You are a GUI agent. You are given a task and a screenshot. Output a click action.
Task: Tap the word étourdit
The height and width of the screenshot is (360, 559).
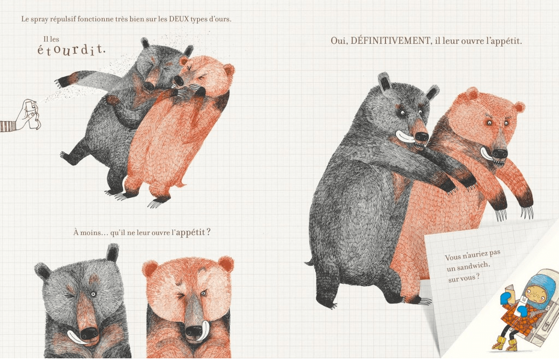71,50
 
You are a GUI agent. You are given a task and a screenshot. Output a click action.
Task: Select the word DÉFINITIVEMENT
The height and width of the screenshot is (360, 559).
390,41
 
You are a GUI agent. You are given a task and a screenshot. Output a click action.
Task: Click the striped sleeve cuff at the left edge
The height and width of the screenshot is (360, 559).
8,126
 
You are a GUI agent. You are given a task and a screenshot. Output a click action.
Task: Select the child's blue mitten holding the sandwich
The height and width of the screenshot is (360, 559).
505,298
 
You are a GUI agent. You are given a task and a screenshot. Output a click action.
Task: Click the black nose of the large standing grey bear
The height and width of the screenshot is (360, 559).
422,136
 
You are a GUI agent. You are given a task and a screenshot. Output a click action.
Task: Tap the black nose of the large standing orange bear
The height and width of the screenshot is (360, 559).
500,154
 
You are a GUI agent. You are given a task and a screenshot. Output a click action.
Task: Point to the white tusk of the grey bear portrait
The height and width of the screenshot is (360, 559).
76,336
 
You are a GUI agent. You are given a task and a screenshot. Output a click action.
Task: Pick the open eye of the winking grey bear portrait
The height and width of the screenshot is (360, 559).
93,294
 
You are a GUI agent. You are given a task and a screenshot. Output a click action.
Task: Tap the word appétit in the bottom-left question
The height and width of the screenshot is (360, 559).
191,233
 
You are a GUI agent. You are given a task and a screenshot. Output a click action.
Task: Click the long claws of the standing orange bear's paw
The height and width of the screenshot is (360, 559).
527,212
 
